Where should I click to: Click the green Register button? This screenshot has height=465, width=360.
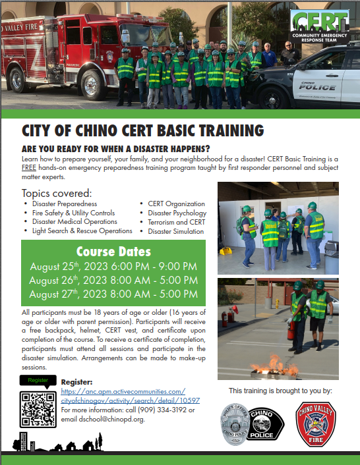(x=38, y=381)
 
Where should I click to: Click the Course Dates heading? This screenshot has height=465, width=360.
(x=113, y=252)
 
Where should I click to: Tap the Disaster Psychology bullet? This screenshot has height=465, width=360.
(x=177, y=213)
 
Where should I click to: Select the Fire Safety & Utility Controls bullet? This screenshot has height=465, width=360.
(x=73, y=213)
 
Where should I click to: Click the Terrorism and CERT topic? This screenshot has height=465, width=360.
(x=176, y=222)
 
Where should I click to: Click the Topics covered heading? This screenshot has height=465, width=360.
(x=57, y=193)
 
